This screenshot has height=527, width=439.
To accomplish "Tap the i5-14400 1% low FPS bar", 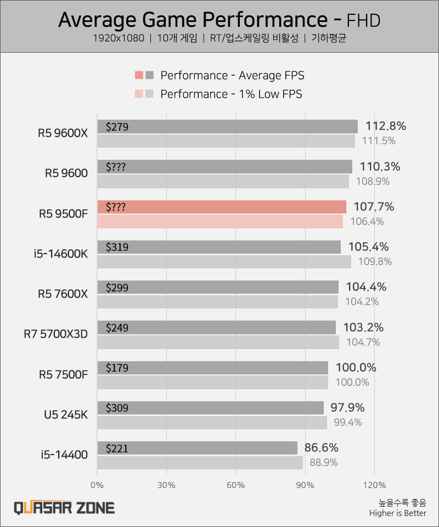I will (200, 463).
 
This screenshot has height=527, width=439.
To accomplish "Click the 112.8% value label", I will (383, 126).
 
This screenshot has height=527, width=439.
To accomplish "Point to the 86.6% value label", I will (322, 447).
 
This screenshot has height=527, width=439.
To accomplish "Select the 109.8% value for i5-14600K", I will (375, 262).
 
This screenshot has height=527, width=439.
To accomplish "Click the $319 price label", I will (117, 247).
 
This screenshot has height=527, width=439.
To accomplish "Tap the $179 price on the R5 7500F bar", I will (117, 368).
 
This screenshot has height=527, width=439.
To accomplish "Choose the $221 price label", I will (117, 448).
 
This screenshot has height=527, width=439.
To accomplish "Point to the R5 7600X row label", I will (63, 294).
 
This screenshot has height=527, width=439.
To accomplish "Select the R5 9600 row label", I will (66, 173).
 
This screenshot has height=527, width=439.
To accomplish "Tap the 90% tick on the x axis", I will (305, 485).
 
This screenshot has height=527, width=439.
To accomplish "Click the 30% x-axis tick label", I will (166, 485).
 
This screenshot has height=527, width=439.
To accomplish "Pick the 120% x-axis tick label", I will (374, 485).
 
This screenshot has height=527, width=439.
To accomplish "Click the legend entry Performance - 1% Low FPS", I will (230, 94).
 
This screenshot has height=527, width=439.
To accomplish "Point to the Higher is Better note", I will (397, 513).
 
